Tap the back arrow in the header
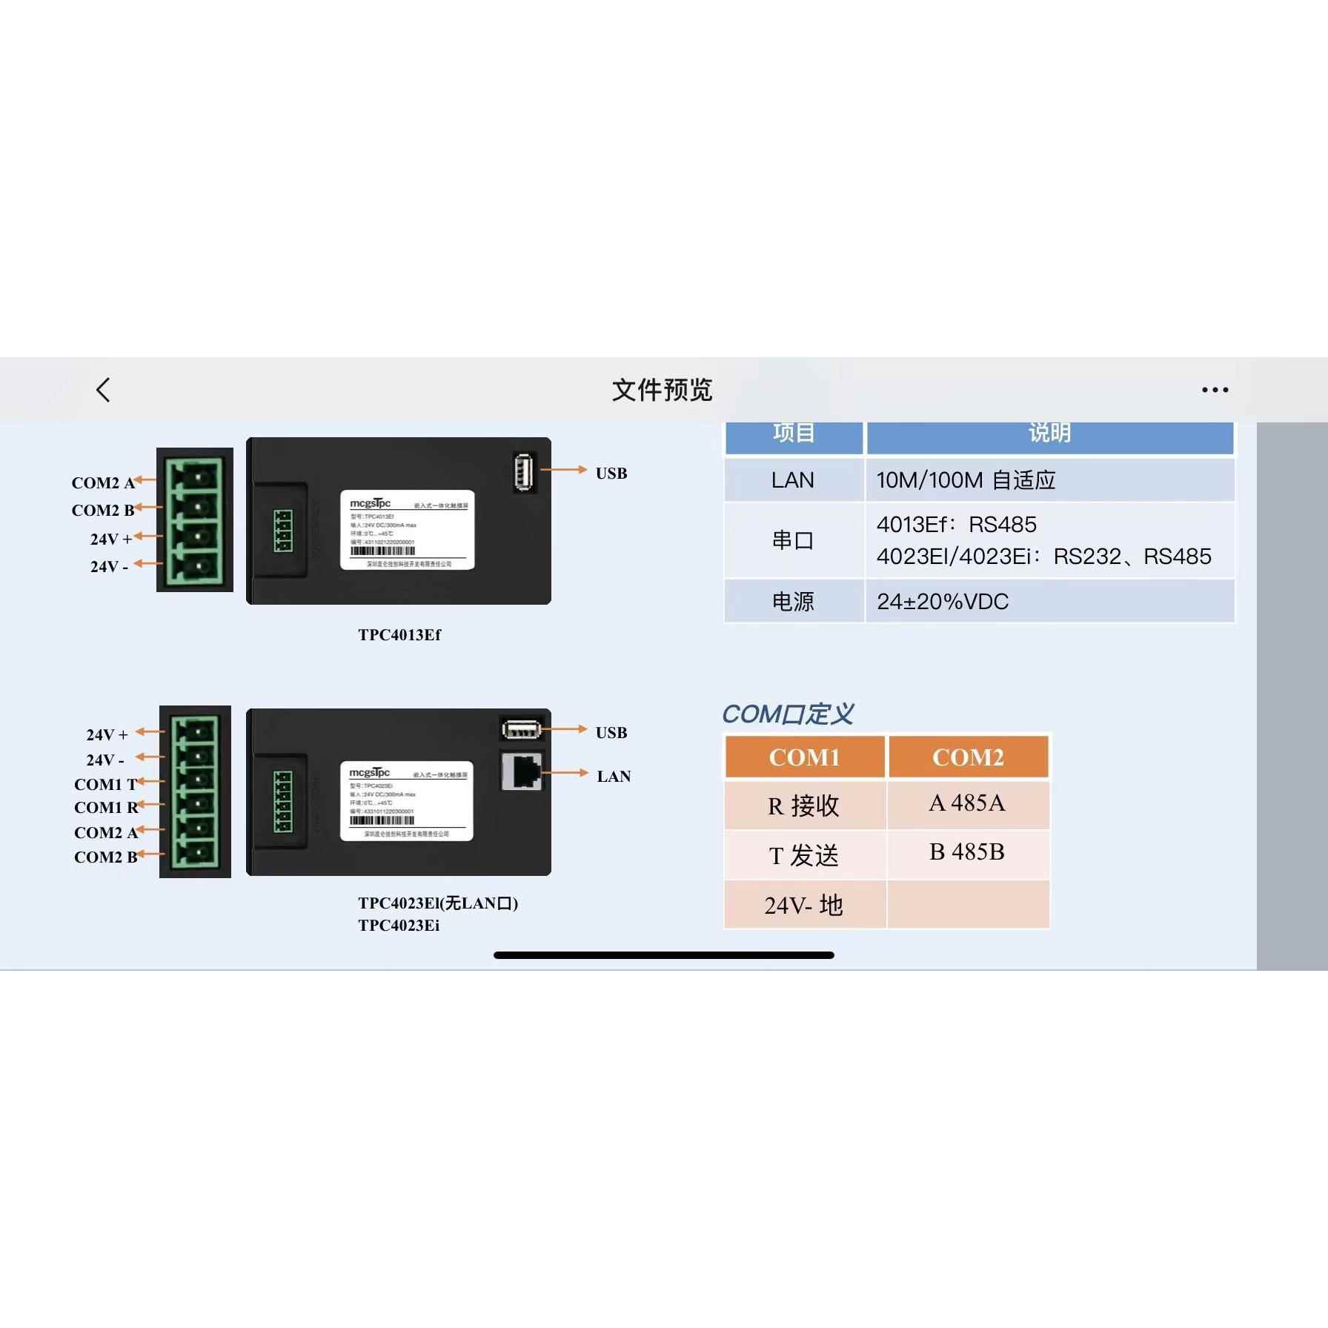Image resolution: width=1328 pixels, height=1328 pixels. coord(104,390)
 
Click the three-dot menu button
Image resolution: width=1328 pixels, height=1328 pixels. coord(1215,390)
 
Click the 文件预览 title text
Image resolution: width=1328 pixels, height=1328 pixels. coord(662,390)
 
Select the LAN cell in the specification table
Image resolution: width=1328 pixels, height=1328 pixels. coord(792,480)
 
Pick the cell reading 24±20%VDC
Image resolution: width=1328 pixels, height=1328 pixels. coord(943,602)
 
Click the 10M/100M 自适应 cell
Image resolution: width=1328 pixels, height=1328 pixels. coord(966,480)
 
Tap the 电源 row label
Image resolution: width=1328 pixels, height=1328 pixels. coord(792,602)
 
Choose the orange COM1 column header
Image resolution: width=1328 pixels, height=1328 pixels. coord(804,757)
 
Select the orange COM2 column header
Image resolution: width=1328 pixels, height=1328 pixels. coord(968,757)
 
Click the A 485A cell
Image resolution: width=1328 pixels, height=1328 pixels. coord(967,803)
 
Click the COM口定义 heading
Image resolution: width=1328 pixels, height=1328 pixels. coord(788,714)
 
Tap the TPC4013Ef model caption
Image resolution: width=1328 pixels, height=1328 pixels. coord(399,635)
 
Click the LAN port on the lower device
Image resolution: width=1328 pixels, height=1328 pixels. coord(522,772)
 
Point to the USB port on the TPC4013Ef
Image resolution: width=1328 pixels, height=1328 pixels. coord(524,471)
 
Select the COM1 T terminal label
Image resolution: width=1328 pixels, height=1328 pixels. coord(106,784)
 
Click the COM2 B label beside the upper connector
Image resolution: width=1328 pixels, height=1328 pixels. coord(103,511)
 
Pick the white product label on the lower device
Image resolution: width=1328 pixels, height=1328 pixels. coord(407,801)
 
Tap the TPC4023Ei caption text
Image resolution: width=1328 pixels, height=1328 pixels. coord(399,926)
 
